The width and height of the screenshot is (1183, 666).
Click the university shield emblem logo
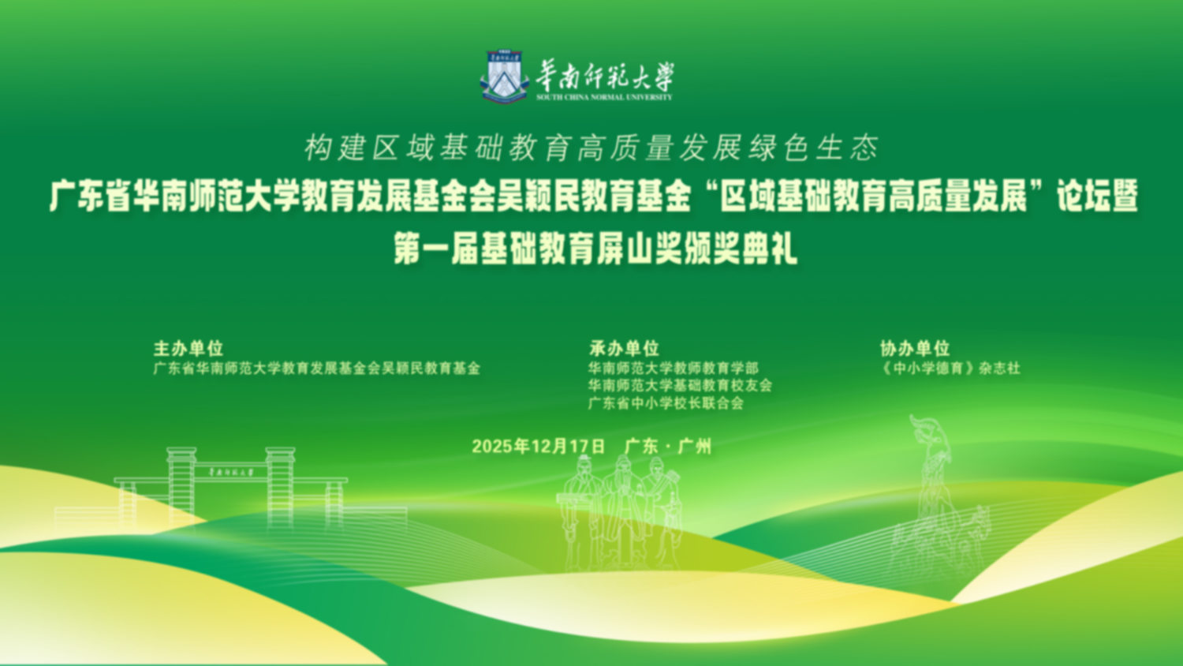[x=505, y=77]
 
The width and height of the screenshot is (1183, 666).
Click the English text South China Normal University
[x=604, y=97]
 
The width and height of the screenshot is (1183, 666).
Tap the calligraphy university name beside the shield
[x=604, y=76]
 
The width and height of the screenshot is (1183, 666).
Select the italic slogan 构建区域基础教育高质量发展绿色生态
[x=591, y=148]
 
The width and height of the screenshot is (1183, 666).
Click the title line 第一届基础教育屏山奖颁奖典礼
[x=595, y=250]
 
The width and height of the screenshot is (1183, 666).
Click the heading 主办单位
[x=188, y=348]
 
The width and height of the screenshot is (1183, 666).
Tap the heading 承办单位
[x=624, y=348]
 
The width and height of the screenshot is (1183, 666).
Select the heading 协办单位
[x=915, y=348]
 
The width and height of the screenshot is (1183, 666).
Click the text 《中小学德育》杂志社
[x=950, y=369]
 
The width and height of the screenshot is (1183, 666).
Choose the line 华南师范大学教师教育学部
[x=673, y=369]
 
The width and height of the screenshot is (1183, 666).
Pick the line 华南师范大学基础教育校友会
[x=680, y=386]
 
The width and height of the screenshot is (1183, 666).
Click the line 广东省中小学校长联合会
[x=666, y=403]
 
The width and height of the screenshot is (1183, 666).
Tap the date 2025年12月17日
[x=539, y=447]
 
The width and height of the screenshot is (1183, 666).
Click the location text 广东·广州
[x=668, y=447]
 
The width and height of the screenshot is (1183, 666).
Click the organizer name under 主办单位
[x=316, y=369]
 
